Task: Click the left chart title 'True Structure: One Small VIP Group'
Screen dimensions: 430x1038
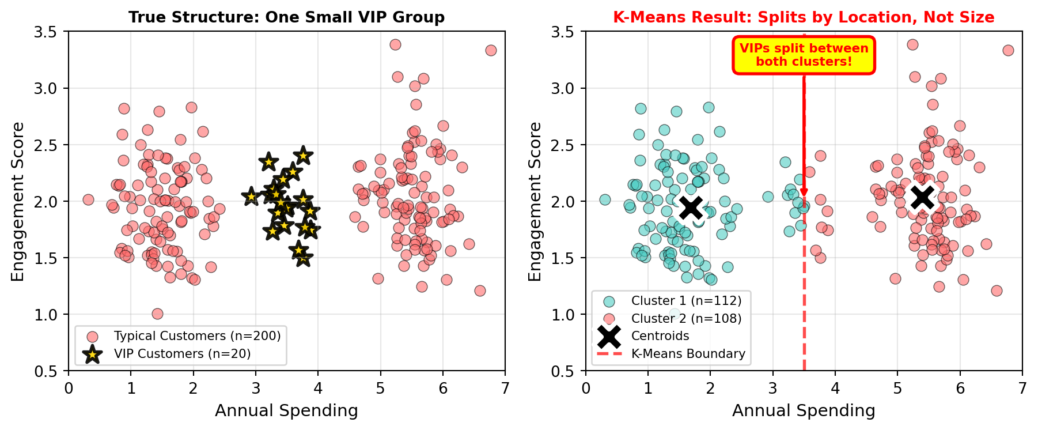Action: coord(286,17)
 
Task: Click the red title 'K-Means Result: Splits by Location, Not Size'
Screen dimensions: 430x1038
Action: coord(804,17)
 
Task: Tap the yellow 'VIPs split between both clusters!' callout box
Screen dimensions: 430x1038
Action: coord(804,55)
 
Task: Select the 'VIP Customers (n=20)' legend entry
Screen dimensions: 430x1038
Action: coord(182,353)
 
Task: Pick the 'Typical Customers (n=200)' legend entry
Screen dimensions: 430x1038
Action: coord(197,336)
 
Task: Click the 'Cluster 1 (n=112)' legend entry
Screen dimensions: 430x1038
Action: coord(686,301)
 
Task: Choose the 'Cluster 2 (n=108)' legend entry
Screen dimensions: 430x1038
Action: coord(686,318)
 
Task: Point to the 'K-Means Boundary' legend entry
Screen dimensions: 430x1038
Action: coord(688,353)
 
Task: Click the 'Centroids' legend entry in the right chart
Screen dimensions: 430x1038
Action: coord(660,336)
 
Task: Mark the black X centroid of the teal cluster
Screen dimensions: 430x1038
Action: coord(691,208)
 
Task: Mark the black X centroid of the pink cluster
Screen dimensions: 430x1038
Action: coord(922,197)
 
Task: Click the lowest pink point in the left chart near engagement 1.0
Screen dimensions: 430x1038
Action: coord(157,314)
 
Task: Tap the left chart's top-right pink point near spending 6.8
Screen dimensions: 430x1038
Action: coord(491,50)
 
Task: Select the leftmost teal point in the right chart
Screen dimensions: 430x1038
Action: coord(605,199)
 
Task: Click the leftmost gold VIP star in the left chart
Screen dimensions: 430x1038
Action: coord(251,197)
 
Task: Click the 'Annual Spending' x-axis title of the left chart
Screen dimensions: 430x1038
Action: coord(286,410)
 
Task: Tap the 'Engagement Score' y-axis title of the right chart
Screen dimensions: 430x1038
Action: coord(535,201)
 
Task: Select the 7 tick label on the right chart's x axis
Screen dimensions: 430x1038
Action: coord(1022,387)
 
